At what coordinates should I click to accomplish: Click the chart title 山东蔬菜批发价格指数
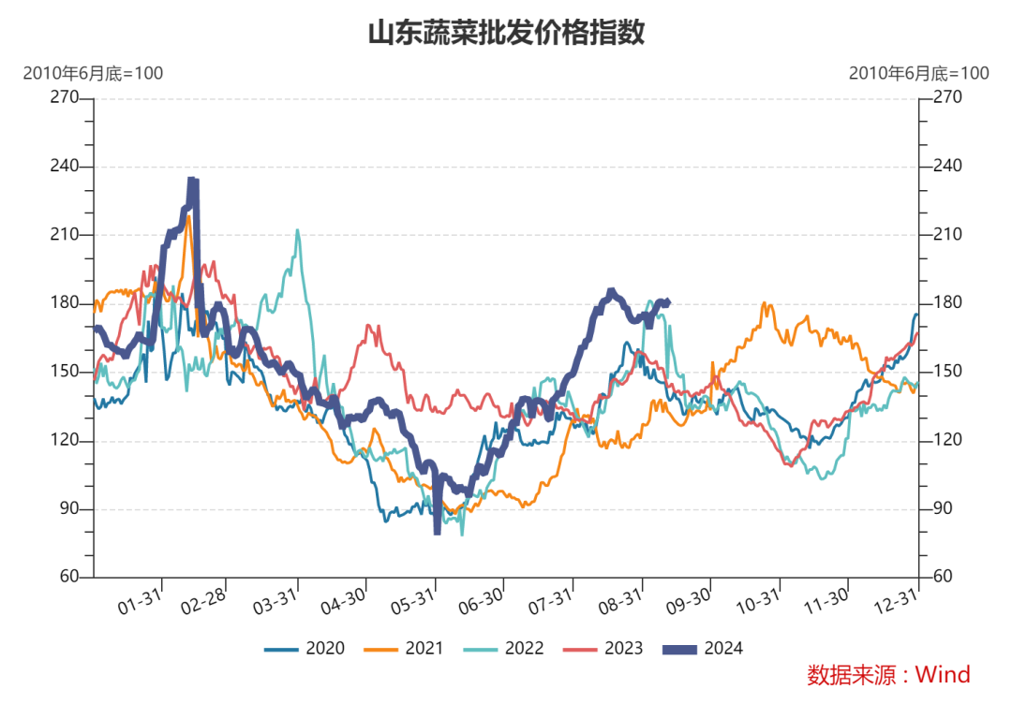tap(506, 34)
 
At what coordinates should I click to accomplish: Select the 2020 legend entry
tap(305, 648)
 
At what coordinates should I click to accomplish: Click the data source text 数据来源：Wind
tap(888, 674)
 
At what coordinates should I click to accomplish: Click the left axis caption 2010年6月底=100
tap(93, 73)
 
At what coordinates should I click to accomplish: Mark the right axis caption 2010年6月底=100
tap(918, 73)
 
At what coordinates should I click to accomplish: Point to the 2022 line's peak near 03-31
tap(297, 230)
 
